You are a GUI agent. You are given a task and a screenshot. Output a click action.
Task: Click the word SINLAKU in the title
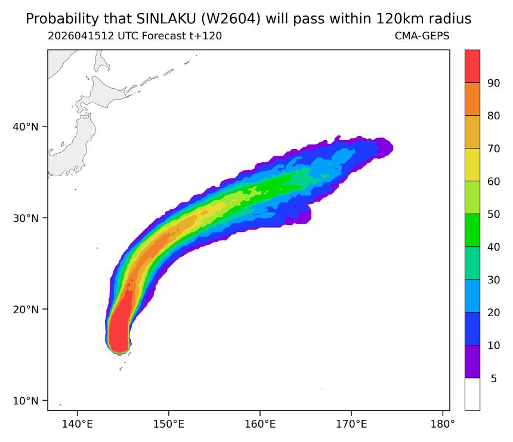tap(166, 19)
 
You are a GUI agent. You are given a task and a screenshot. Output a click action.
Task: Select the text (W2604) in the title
tap(231, 19)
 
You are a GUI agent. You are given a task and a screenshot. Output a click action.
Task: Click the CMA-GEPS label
tap(422, 36)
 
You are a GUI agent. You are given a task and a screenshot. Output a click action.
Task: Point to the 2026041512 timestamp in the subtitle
tap(81, 36)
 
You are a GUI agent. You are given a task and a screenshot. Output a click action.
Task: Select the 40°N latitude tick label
tap(26, 126)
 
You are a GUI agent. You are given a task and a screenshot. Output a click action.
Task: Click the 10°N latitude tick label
tap(26, 400)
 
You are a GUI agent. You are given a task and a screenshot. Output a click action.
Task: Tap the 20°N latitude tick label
tap(26, 309)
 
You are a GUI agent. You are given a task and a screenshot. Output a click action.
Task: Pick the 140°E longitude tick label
tap(77, 424)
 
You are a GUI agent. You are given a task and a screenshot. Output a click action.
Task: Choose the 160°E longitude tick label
tap(260, 424)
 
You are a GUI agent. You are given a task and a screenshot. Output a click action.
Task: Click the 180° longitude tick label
tap(443, 424)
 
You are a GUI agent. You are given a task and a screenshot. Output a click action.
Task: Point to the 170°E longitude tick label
tap(351, 424)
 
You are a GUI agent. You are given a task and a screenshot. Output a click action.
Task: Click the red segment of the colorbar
tap(472, 66)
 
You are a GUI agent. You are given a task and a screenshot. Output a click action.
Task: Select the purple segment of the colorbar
tap(472, 361)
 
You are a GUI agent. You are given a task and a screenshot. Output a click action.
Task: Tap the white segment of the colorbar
tap(472, 394)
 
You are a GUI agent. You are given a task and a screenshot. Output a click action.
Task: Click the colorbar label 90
tap(494, 83)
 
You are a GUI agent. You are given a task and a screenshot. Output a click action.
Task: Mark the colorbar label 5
tap(494, 379)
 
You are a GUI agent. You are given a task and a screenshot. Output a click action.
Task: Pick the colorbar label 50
tap(494, 214)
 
